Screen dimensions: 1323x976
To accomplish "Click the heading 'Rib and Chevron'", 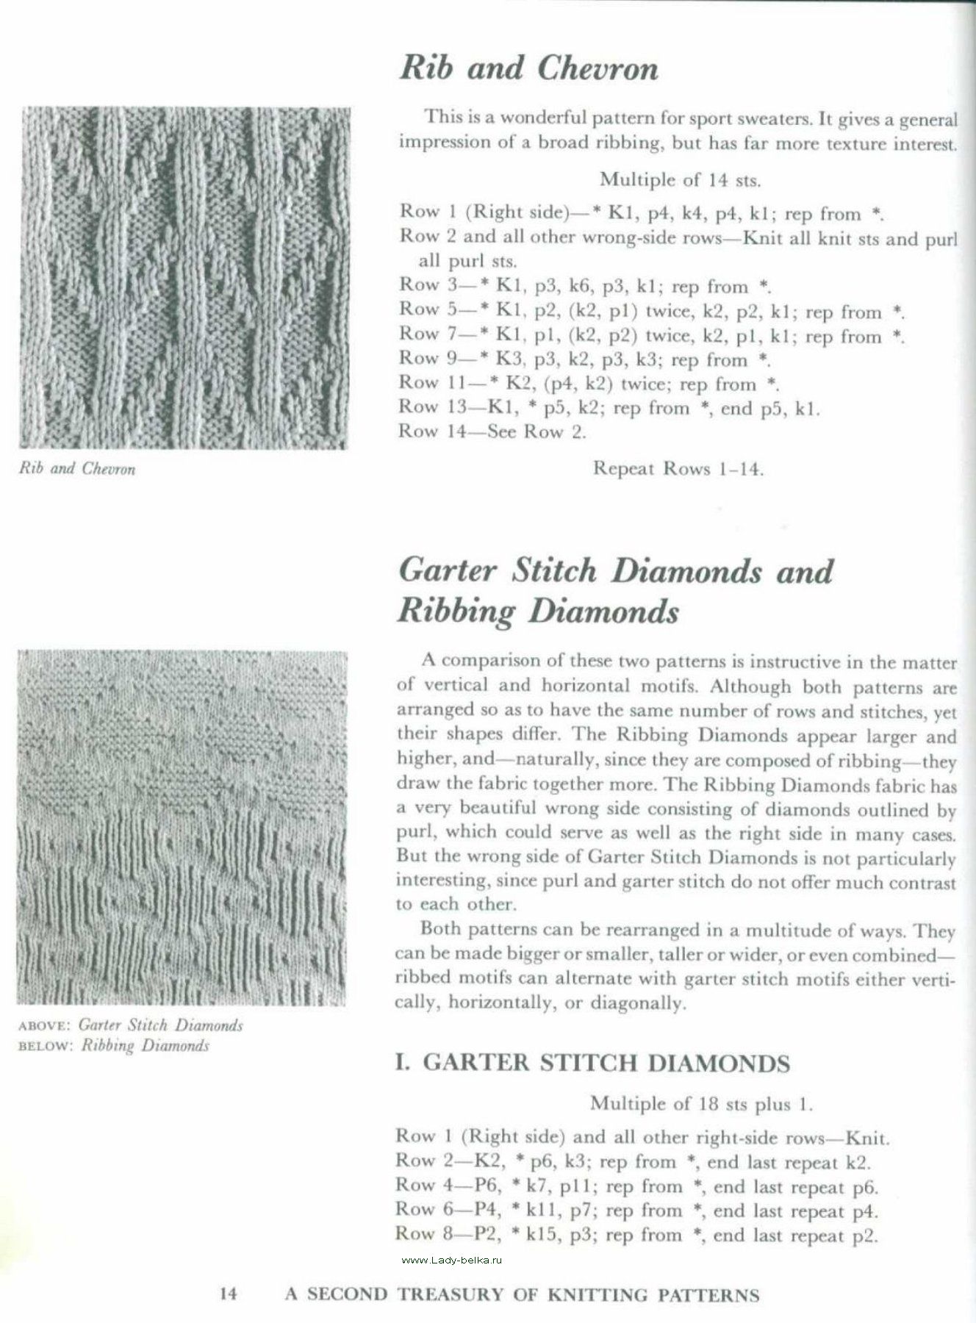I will click(528, 69).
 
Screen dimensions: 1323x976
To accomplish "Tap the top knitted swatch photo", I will click(185, 278).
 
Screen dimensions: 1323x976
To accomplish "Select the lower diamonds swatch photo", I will click(181, 828).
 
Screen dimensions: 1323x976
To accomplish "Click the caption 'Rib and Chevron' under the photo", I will click(77, 469).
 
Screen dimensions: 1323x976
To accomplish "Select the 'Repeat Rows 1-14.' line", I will click(678, 469).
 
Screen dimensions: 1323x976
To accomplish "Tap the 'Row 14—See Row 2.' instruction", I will click(492, 432).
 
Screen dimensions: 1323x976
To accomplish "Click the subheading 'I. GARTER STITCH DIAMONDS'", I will click(592, 1063).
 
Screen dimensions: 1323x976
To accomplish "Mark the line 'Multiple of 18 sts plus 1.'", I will click(701, 1103).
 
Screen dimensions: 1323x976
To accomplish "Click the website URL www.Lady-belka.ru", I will click(452, 1260).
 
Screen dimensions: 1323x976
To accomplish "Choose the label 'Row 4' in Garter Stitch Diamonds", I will click(421, 1186).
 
